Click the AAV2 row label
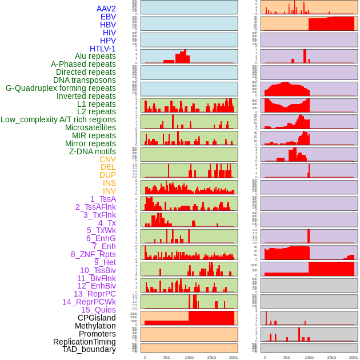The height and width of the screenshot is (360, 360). click(106, 9)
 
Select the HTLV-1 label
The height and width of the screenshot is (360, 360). click(102, 49)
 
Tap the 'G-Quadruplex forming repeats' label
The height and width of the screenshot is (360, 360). click(61, 88)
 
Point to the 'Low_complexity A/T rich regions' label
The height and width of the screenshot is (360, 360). click(58, 119)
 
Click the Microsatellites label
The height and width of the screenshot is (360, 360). click(90, 127)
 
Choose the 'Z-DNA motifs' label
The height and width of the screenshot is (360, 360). click(93, 151)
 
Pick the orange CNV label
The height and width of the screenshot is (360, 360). click(107, 159)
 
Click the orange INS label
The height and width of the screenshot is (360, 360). click(109, 183)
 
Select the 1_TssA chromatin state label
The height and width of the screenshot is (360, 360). click(103, 199)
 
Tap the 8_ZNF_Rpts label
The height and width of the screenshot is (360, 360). click(93, 254)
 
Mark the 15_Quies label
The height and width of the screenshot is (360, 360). click(98, 310)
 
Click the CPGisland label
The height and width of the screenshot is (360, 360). click(97, 318)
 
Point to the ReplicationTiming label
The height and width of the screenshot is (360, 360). click(85, 342)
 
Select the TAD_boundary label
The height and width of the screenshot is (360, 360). click(89, 349)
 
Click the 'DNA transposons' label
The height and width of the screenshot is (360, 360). click(85, 80)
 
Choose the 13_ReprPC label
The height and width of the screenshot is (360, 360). click(94, 294)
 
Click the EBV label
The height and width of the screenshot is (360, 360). click(108, 17)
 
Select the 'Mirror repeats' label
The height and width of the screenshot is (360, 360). click(90, 143)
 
